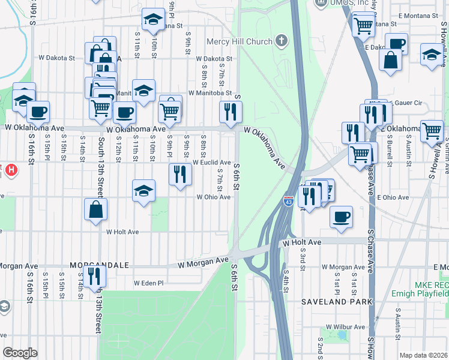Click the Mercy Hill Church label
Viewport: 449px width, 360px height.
pyautogui.click(x=238, y=41)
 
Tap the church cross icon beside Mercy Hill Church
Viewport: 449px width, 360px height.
pyautogui.click(x=280, y=41)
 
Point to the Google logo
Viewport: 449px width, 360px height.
pyautogui.click(x=20, y=353)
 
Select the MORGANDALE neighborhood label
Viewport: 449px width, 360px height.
pyautogui.click(x=99, y=265)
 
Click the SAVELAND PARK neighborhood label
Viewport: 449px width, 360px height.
pyautogui.click(x=337, y=302)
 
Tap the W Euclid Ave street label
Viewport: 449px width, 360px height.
pyautogui.click(x=211, y=163)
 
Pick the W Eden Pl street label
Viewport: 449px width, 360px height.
pyautogui.click(x=148, y=283)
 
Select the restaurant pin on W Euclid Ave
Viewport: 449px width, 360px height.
pyautogui.click(x=180, y=174)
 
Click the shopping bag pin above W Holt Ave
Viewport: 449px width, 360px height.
pyautogui.click(x=96, y=209)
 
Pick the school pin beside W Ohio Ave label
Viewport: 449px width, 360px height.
pyautogui.click(x=143, y=191)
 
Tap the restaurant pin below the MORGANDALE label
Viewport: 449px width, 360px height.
pyautogui.click(x=94, y=276)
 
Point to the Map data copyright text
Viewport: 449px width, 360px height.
pyautogui.click(x=423, y=355)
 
